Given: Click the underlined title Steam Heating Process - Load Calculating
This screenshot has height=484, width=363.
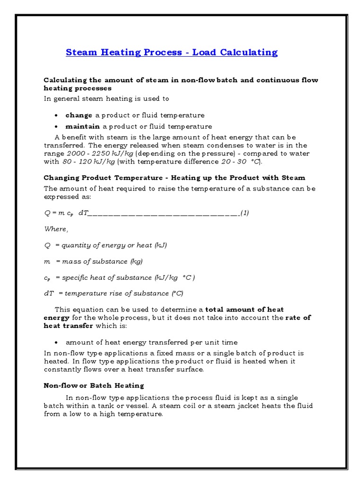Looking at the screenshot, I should coord(172,52).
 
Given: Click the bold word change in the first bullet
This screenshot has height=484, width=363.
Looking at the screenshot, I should coord(79,115).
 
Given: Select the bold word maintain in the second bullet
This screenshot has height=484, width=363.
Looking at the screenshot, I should coord(83,126).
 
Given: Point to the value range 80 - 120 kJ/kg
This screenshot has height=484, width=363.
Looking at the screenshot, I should coord(89,162).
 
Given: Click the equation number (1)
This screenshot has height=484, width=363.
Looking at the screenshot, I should coord(244,213).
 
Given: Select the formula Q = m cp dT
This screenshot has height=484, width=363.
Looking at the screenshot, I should coord(66,213).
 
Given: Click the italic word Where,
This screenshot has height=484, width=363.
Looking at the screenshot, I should coord(56,229).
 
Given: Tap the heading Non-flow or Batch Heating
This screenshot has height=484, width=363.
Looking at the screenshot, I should coord(94,385).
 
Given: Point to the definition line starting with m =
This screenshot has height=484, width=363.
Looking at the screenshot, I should coord(93,261).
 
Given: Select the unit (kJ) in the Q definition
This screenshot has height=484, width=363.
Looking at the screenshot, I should coord(160,245).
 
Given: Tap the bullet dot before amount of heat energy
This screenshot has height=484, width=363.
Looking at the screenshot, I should coord(56,342).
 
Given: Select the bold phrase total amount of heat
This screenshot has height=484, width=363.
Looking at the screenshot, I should coord(245,310).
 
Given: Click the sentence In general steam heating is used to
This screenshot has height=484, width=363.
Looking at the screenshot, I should coord(106,99).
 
